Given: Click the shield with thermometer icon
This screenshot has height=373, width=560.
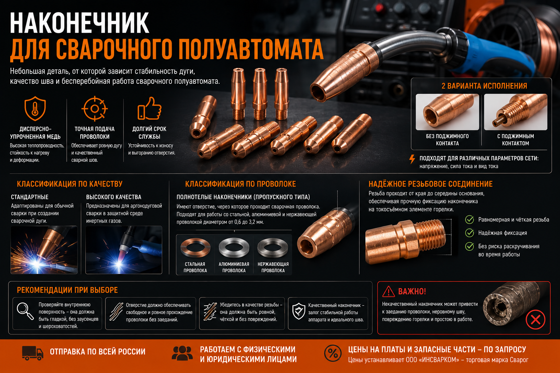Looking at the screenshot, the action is coord(35,109).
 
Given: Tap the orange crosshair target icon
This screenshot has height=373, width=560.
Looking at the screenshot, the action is coord(94,109).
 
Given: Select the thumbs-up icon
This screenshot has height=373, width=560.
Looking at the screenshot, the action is coord(149,109).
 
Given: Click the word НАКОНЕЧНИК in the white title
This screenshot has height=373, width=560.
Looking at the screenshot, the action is coord(79,23).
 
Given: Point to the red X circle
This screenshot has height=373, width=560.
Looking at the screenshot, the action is coord(535,319).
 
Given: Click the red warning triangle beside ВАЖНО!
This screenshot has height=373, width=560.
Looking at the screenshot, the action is coord(389,291).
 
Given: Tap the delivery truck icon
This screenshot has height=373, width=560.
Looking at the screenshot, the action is coord(32,353).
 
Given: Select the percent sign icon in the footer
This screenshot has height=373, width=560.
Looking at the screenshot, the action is coord(333,353).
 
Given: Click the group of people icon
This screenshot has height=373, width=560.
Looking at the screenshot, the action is coord(182,353).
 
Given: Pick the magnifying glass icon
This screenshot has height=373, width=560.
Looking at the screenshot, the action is coord(25,311).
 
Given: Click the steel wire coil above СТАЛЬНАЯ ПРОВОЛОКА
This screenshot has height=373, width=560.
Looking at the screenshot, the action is coord(195,248).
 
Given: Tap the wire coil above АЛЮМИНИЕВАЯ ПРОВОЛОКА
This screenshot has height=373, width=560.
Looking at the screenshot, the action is coord(234,248).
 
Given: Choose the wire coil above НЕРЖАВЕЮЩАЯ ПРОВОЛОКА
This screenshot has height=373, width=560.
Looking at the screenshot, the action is coord(273,248).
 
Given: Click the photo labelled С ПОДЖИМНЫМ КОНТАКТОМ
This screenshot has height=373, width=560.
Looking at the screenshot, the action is coord(516,112).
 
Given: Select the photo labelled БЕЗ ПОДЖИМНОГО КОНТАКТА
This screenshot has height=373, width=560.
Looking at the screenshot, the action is coord(447,112).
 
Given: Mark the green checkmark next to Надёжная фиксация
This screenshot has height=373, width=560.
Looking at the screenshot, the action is coord(470,233).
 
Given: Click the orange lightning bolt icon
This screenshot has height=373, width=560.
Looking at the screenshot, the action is coord(412,159).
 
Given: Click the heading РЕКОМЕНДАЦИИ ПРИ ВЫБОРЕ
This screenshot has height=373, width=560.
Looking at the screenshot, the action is coord(67,290).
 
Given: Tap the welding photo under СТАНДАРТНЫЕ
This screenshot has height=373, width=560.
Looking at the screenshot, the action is coord(44,250).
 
